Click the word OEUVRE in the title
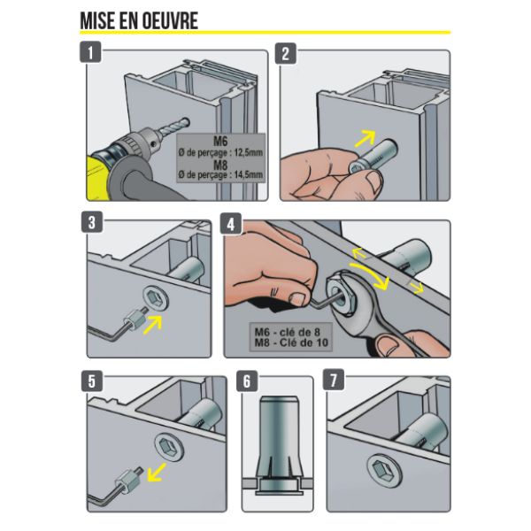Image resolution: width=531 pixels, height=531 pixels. click(169, 20)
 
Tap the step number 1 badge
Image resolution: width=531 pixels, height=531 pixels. click(90, 52)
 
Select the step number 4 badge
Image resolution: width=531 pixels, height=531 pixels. click(231, 223)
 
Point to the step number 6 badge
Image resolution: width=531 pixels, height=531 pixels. click(247, 381)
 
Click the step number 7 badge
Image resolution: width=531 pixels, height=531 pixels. click(334, 380)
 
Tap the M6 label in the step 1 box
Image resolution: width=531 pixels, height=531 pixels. click(220, 141)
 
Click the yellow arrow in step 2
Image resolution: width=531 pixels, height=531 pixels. click(366, 139)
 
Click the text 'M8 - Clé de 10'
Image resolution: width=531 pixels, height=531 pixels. click(291, 343)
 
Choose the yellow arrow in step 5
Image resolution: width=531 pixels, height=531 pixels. click(157, 472)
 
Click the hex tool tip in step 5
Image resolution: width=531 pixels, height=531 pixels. click(139, 472)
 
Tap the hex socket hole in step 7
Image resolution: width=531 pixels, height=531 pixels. click(382, 470)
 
